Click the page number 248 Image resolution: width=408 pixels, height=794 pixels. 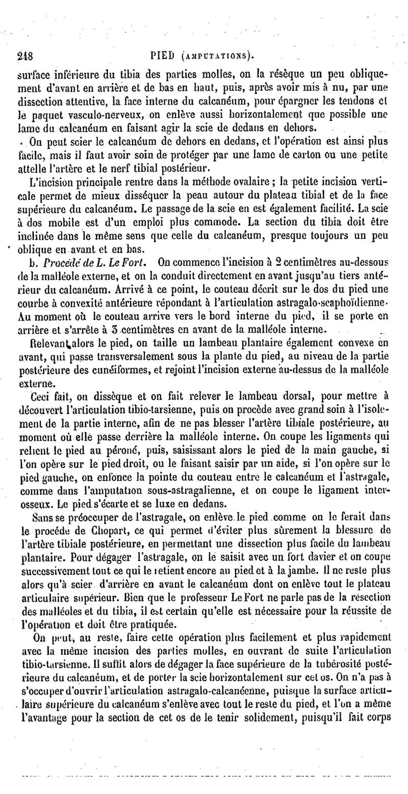(24, 56)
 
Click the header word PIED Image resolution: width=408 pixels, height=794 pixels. (166, 55)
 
